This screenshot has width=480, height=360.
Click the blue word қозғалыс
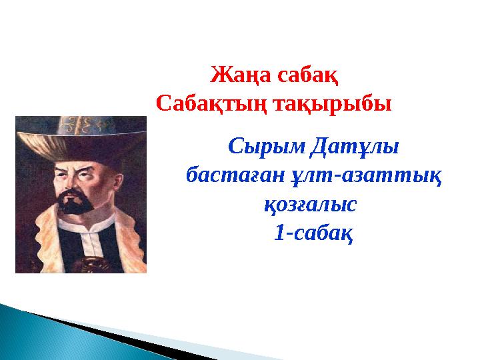click(313, 204)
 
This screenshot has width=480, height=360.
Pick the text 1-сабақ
click(313, 233)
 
